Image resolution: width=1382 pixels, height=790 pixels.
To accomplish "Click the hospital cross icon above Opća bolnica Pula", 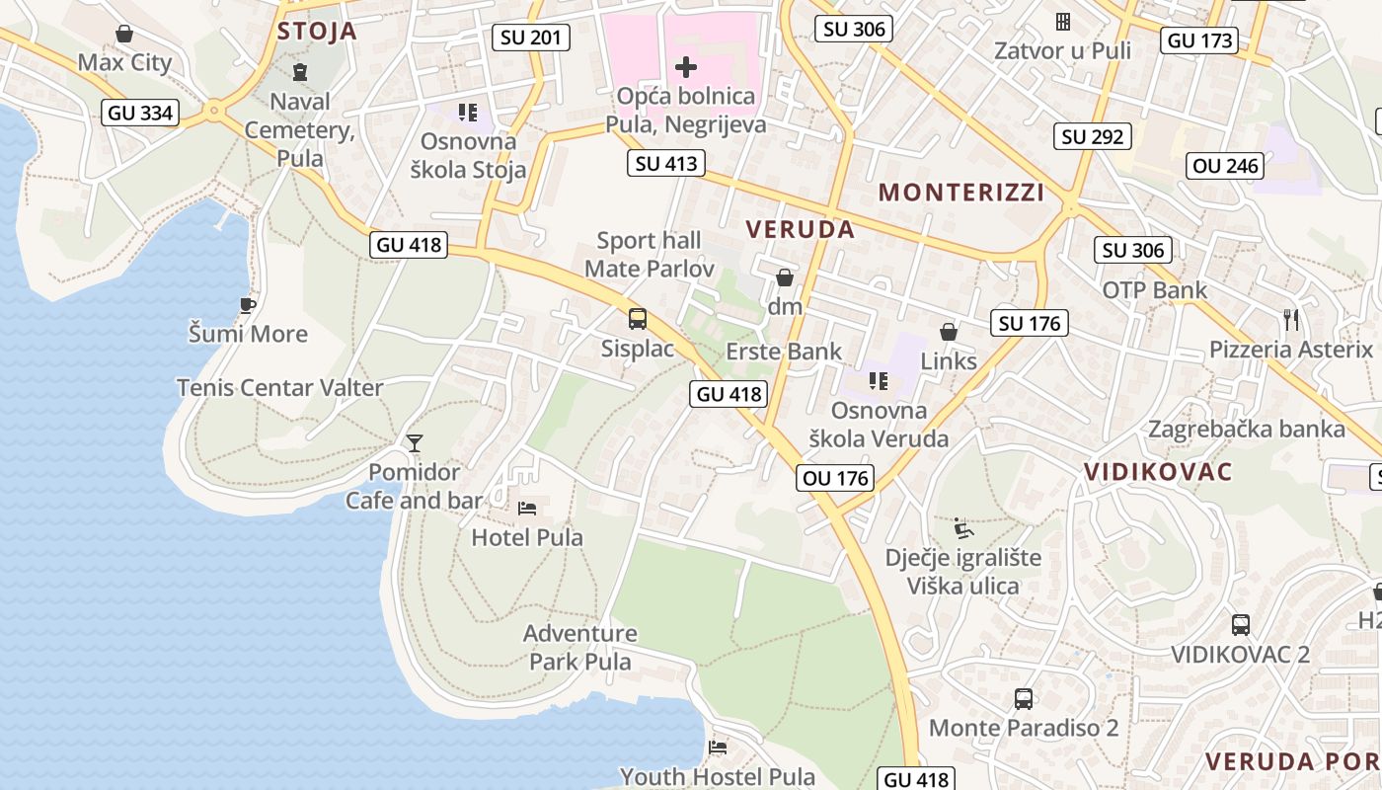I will tap(685, 67).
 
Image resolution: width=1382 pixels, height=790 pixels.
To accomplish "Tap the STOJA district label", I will tap(317, 31).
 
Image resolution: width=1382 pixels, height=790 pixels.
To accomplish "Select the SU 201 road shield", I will tap(531, 39).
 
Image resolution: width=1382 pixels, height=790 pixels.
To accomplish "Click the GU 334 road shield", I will tap(141, 113).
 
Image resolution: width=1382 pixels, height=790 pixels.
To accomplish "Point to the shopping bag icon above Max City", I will tap(124, 35).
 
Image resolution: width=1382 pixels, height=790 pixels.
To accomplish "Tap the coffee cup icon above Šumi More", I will tap(248, 306).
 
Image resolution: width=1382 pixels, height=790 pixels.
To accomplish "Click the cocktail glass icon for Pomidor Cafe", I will tap(415, 443).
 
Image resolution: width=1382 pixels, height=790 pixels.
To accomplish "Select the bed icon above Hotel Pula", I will tap(527, 509).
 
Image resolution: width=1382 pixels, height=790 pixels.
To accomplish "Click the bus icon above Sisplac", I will tap(638, 319).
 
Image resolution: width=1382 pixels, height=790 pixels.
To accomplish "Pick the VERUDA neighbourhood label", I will tap(800, 229).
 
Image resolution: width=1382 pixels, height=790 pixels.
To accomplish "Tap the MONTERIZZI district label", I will tap(961, 192).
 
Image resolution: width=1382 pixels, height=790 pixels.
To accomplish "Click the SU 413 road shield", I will tap(666, 164).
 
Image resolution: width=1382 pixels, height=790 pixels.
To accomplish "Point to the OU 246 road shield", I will tap(1226, 166).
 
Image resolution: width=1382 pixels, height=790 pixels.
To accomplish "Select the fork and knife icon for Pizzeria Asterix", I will tap(1290, 319).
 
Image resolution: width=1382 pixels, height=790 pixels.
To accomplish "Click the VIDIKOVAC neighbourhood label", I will tap(1159, 471).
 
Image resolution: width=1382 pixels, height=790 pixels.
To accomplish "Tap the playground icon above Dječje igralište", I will tap(963, 528).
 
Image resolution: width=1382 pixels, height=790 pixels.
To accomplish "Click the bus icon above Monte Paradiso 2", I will tap(1024, 699).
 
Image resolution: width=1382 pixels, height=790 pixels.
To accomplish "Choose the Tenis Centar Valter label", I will tap(279, 387).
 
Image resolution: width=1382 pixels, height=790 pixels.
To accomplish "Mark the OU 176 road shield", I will tap(835, 479).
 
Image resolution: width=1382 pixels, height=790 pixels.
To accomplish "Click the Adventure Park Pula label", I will tap(580, 647).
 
